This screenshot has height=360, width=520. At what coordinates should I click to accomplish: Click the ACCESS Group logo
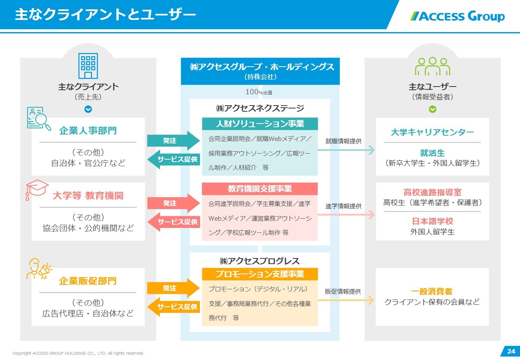click(457, 16)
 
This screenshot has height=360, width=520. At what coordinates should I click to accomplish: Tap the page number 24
click(511, 351)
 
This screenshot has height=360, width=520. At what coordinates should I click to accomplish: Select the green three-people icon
click(432, 66)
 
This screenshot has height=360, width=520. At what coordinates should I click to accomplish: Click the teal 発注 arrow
click(173, 141)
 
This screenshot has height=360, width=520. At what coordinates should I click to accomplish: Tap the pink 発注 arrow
click(173, 203)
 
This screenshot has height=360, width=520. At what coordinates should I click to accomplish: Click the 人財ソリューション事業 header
click(260, 124)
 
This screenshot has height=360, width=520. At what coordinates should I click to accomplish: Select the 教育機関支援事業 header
click(260, 189)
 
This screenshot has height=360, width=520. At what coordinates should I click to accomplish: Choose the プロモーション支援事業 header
click(260, 274)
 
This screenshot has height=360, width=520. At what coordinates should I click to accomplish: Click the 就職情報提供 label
click(343, 141)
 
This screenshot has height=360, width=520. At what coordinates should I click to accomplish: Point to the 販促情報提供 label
click(343, 292)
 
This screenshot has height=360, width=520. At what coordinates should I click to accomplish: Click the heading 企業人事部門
click(88, 131)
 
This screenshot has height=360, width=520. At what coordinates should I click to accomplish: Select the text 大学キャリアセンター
click(432, 132)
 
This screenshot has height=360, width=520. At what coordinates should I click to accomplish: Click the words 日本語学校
click(432, 221)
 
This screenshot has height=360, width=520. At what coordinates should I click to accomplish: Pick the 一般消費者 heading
click(432, 292)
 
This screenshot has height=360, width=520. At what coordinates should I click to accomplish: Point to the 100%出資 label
click(259, 92)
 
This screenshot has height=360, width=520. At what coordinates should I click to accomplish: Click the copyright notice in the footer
click(78, 353)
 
